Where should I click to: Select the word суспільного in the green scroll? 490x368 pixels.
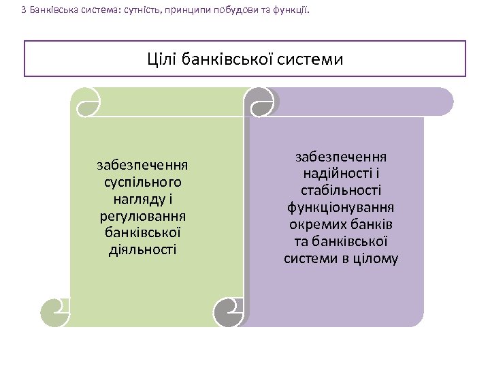point(143,183)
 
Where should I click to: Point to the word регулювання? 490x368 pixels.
point(143,216)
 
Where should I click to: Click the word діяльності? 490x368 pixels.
point(143,249)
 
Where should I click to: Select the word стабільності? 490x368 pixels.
point(341,191)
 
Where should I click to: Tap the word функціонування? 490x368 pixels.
point(341,208)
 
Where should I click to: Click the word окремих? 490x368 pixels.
point(318,225)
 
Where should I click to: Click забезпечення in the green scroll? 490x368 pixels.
point(143,166)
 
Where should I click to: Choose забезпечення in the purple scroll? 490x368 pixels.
point(341,157)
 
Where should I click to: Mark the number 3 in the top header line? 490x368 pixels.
point(24,10)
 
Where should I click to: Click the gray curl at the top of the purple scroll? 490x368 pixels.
point(261,102)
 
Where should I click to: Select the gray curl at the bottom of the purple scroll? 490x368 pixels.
point(229,312)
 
